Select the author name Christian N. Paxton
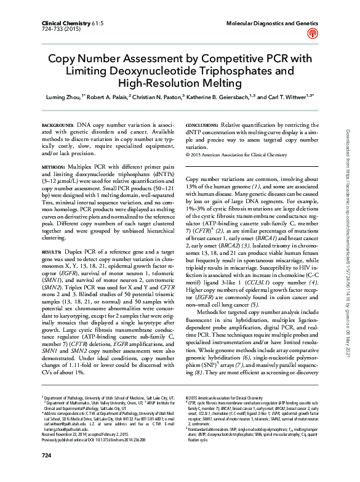(158, 97)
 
